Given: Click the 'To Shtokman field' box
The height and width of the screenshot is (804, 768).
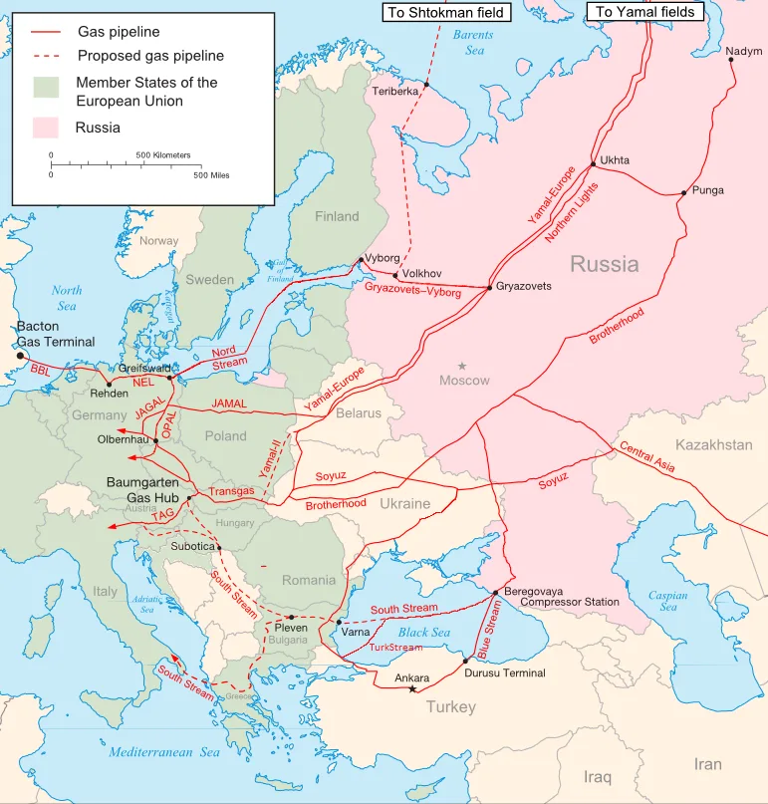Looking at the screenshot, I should pyautogui.click(x=446, y=12).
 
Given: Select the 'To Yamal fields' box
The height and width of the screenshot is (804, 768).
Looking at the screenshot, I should pyautogui.click(x=645, y=12).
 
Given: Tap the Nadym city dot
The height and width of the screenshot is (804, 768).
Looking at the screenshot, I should pyautogui.click(x=731, y=60).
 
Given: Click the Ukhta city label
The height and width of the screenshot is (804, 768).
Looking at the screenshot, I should pyautogui.click(x=615, y=160).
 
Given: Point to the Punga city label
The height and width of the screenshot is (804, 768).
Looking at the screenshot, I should pyautogui.click(x=708, y=189).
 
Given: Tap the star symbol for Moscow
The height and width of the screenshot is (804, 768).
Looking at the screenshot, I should pyautogui.click(x=462, y=367).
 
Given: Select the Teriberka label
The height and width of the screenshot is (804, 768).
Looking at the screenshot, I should pyautogui.click(x=395, y=91).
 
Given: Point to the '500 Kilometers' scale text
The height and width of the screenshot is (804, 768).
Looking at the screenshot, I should pyautogui.click(x=163, y=155).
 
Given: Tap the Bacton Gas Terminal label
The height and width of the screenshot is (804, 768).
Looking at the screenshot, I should pyautogui.click(x=55, y=334).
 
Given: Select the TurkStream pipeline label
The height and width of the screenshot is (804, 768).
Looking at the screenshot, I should pyautogui.click(x=395, y=647).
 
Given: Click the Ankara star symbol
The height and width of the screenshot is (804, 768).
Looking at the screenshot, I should pyautogui.click(x=412, y=689).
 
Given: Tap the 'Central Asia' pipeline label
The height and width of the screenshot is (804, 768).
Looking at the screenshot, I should pyautogui.click(x=647, y=455).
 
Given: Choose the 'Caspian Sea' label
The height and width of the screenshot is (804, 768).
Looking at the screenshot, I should pyautogui.click(x=668, y=601).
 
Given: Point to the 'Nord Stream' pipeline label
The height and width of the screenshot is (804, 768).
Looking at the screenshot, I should pyautogui.click(x=228, y=357).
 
